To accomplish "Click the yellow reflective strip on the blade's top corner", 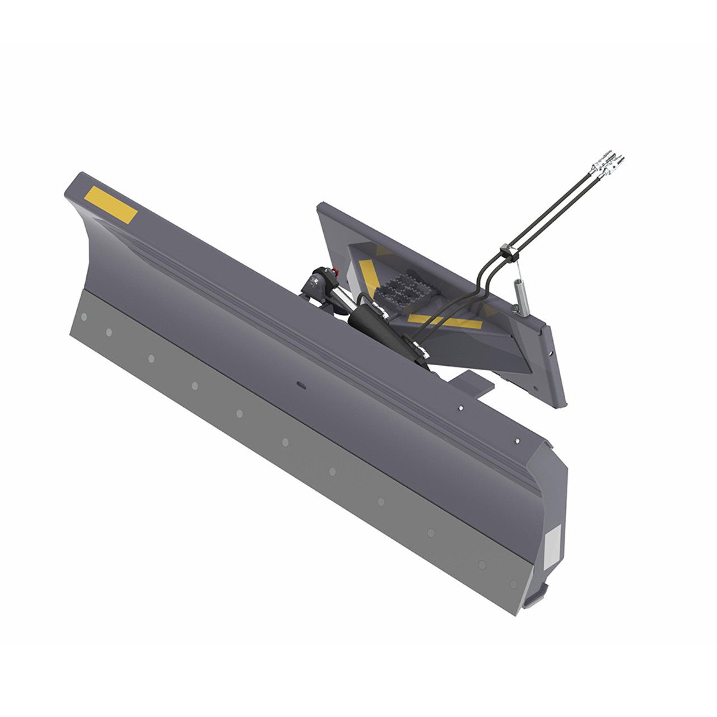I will (111, 205).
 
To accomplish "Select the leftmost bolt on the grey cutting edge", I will (83, 317).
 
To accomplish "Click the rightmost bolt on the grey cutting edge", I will (514, 584).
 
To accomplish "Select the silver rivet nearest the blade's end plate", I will (517, 441).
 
